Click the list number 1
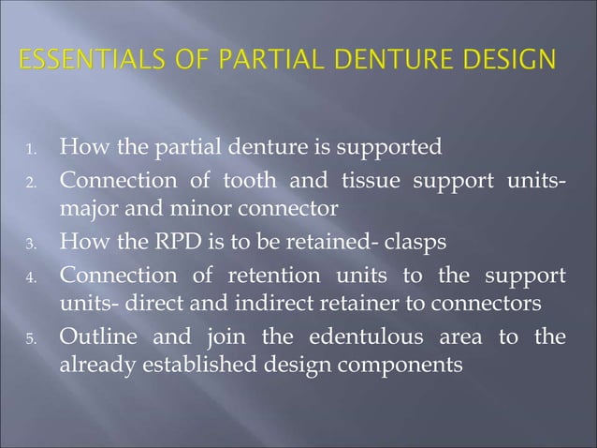pyautogui.click(x=31, y=149)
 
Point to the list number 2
pyautogui.click(x=31, y=182)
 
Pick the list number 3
pyautogui.click(x=31, y=243)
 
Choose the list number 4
pyautogui.click(x=31, y=278)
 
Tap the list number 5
pyautogui.click(x=31, y=339)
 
